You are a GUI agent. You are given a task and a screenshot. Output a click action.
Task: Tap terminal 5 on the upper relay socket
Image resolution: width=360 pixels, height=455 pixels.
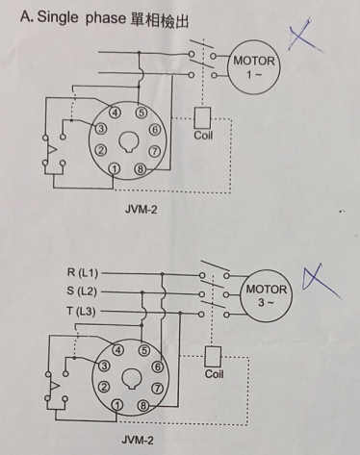point(141,113)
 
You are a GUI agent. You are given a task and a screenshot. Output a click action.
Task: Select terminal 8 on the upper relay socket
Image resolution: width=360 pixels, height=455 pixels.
point(141,169)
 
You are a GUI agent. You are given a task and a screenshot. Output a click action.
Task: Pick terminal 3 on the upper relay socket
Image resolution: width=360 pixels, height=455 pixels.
point(100,129)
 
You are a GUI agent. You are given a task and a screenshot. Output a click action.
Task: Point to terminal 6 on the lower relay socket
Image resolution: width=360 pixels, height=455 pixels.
point(158,367)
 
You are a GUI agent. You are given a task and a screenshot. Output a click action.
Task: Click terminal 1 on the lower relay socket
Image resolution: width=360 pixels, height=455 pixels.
point(117,406)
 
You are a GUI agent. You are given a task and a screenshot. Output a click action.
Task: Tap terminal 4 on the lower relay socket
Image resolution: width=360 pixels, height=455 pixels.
point(118,350)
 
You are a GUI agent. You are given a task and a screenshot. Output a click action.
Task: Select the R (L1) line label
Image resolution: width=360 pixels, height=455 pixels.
point(83,272)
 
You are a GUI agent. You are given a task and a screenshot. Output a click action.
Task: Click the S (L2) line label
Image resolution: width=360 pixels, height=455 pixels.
point(82,291)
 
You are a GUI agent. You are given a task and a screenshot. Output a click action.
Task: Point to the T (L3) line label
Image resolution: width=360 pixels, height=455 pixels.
point(81,311)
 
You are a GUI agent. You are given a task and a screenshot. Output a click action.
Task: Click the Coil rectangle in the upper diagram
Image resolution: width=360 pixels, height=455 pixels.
point(202,118)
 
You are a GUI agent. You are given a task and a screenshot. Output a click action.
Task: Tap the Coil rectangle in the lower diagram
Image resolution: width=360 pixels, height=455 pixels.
point(213,357)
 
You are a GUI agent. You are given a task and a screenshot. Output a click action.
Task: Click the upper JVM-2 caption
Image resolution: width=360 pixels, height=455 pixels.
point(141,210)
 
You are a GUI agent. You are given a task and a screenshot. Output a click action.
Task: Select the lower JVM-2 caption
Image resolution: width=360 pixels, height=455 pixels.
point(138,440)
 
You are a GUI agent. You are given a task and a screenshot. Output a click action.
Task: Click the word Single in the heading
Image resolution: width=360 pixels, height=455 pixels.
point(58,17)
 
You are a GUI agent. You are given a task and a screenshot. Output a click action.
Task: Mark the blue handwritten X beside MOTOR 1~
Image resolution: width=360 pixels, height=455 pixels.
point(303,36)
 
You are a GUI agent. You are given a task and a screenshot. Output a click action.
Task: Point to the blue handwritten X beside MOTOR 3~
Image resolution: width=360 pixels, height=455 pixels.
point(321,282)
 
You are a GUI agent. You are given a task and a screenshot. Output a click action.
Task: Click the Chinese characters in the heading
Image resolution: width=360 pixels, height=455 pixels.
point(160,20)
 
